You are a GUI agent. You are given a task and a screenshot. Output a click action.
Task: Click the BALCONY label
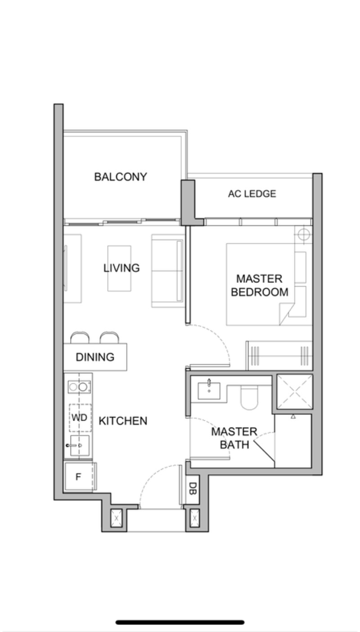(x=121, y=177)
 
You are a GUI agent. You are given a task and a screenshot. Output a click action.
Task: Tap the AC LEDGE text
(x=252, y=194)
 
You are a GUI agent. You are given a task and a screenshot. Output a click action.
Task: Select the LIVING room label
(x=121, y=268)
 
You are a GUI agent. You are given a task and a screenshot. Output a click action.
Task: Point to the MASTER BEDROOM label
(x=259, y=285)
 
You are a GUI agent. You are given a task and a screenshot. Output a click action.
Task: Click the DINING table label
(x=95, y=357)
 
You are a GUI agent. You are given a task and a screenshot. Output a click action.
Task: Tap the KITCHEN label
(x=123, y=421)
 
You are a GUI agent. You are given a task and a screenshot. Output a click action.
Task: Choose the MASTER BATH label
(x=234, y=438)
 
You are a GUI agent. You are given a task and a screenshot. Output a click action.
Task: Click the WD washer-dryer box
(x=80, y=418)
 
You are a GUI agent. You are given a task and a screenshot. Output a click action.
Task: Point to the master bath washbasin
(x=209, y=391)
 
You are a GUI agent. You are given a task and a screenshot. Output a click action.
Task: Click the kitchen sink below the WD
(x=80, y=446)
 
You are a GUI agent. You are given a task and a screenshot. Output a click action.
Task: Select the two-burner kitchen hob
(x=79, y=387)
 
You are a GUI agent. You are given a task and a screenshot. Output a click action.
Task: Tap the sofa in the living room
(x=168, y=271)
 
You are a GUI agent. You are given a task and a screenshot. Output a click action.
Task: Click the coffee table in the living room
(x=119, y=268)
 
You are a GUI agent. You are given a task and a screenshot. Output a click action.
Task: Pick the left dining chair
(x=80, y=338)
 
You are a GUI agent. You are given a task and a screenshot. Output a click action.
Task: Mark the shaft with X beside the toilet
(x=295, y=392)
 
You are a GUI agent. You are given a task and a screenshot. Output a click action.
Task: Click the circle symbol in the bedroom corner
(x=304, y=234)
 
